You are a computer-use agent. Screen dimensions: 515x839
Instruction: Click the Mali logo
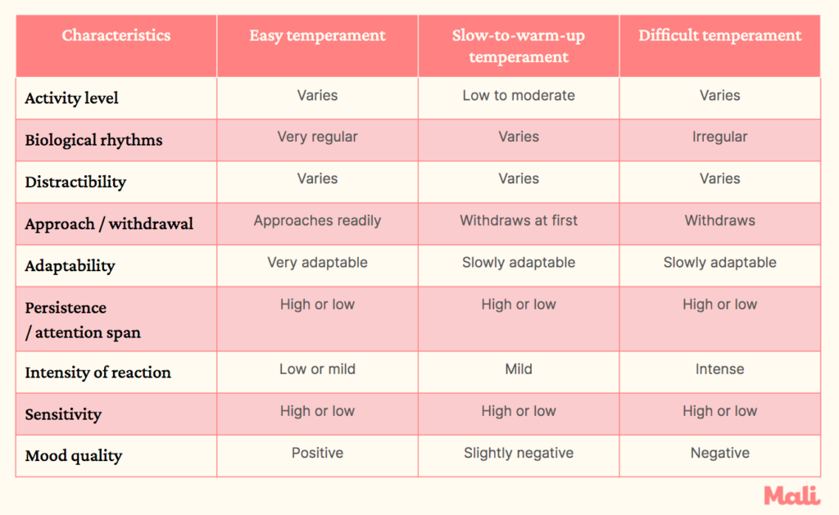click(x=791, y=495)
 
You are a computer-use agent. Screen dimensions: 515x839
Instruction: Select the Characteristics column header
click(x=116, y=35)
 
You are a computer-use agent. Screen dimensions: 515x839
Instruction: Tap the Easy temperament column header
click(x=317, y=35)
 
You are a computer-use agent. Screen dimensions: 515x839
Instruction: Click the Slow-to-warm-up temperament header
click(x=519, y=46)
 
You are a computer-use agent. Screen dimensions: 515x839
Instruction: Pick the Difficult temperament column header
click(x=719, y=35)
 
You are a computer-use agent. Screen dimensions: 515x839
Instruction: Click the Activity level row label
click(x=72, y=98)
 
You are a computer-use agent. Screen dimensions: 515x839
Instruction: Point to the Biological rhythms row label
click(x=93, y=140)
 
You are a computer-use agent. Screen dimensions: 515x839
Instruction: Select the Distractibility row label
click(x=75, y=182)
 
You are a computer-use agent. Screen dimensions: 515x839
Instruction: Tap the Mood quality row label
click(x=73, y=456)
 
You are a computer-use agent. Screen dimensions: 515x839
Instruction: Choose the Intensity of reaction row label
click(x=98, y=373)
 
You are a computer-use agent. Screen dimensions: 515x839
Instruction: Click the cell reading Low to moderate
click(x=519, y=96)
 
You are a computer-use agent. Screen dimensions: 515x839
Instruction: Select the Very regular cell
click(x=317, y=137)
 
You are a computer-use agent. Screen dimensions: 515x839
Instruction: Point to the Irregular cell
click(x=719, y=137)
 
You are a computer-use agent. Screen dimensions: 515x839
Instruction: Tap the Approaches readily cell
click(x=317, y=220)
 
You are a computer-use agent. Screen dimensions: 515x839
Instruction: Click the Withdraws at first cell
click(x=519, y=220)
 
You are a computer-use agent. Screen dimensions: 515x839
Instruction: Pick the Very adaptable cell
click(x=317, y=263)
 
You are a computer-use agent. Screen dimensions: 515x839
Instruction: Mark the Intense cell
click(x=719, y=369)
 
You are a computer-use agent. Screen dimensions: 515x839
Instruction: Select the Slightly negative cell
click(x=519, y=453)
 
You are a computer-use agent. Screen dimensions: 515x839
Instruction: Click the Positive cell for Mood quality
click(x=317, y=453)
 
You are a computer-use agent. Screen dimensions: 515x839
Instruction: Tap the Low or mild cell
click(x=317, y=369)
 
